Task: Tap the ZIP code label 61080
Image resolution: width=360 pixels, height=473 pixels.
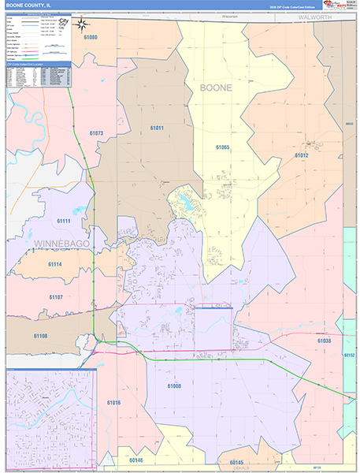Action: (x=91, y=37)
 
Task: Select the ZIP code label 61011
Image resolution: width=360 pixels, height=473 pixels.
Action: (x=157, y=128)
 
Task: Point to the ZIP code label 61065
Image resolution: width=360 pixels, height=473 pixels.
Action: (x=222, y=147)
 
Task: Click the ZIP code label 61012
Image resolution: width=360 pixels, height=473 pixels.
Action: (x=302, y=155)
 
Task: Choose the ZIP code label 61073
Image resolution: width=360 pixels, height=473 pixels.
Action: (x=96, y=133)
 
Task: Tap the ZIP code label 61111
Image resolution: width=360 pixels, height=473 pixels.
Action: (x=65, y=222)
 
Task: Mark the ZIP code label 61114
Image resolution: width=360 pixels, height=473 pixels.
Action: (x=55, y=264)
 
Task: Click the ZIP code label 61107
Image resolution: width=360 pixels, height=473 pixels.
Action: (x=55, y=296)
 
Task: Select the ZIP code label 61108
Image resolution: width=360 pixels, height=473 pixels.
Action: (x=41, y=335)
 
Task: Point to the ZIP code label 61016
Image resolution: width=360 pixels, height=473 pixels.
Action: (x=114, y=403)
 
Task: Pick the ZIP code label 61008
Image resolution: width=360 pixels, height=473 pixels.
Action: (x=174, y=385)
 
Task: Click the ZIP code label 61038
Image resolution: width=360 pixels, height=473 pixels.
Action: (x=324, y=340)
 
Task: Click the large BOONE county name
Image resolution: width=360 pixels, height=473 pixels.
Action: (x=216, y=88)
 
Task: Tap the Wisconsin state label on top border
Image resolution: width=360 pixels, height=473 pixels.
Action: (x=208, y=15)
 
